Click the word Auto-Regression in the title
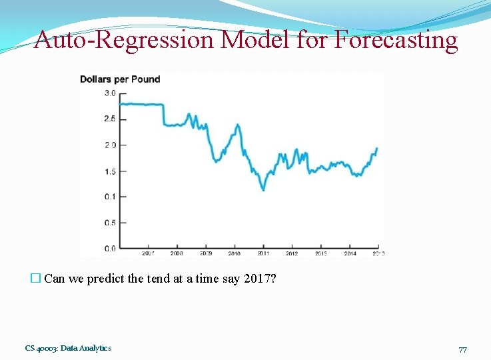click(125, 40)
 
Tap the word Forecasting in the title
click(396, 40)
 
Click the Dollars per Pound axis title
click(120, 79)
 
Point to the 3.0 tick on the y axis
click(110, 93)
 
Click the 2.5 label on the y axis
click(110, 119)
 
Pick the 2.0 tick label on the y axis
click(110, 145)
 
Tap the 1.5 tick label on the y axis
click(110, 171)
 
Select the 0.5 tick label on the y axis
click(110, 223)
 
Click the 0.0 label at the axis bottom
click(110, 249)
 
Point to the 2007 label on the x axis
click(149, 253)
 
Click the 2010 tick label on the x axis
click(235, 253)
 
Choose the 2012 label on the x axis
click(292, 253)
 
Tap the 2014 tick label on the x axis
click(350, 253)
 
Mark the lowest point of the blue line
click(263, 190)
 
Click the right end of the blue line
click(377, 148)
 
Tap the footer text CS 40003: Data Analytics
click(68, 348)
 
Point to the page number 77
click(462, 349)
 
